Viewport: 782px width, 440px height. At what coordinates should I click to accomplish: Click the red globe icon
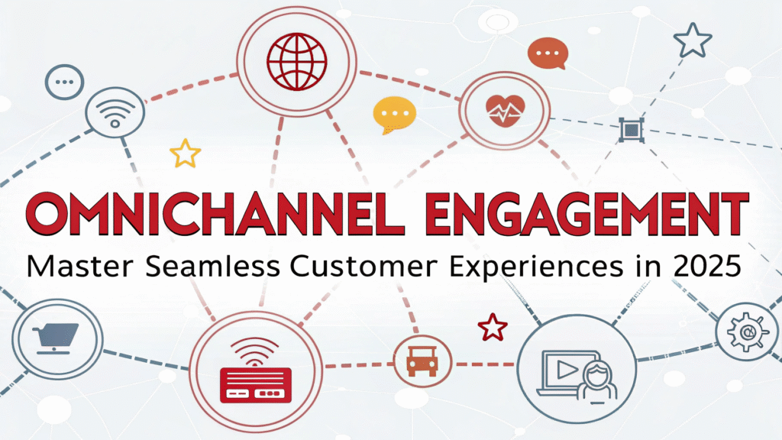click(x=297, y=62)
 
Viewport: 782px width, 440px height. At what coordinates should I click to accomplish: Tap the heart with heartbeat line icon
click(x=506, y=111)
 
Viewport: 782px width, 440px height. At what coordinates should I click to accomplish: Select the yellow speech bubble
click(x=394, y=115)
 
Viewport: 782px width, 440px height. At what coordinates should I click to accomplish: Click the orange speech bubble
click(x=548, y=53)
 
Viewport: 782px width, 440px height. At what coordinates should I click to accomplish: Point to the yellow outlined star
click(x=186, y=153)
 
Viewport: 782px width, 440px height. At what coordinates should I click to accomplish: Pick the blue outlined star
click(x=692, y=40)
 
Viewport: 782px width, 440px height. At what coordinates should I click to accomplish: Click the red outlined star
click(x=493, y=327)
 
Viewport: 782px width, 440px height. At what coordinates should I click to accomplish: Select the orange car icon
click(x=422, y=361)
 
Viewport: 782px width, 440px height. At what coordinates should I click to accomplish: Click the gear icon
click(x=747, y=332)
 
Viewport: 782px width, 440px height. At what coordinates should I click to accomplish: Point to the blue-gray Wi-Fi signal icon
click(x=115, y=113)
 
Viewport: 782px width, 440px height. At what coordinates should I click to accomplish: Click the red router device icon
click(x=255, y=371)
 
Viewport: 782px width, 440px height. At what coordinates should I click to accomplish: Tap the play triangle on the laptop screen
click(x=567, y=370)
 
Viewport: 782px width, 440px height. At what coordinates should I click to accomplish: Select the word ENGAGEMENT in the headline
click(x=587, y=214)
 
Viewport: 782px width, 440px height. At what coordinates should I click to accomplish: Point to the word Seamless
click(x=213, y=266)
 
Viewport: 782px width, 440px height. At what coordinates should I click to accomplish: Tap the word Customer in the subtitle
click(x=364, y=266)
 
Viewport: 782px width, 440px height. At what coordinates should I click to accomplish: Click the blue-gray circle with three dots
click(x=64, y=82)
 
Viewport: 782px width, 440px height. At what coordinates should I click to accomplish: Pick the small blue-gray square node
click(x=631, y=130)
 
